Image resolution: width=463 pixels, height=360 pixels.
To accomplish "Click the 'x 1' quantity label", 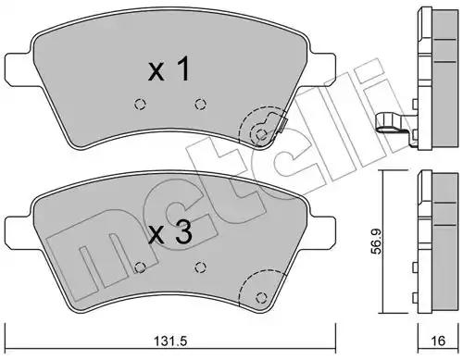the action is (169, 70).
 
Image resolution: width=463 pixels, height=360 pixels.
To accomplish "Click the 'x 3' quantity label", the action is (170, 233).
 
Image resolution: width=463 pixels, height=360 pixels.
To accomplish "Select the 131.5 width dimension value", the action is (170, 341).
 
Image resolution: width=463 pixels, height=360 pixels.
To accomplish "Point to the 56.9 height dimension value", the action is (376, 242).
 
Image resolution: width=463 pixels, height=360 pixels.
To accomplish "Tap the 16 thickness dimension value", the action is (438, 341).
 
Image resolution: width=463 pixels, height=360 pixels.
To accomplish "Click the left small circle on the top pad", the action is (140, 104).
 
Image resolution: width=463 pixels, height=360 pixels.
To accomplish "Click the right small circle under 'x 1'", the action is (201, 104).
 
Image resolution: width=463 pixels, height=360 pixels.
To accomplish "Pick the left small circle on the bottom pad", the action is (141, 267).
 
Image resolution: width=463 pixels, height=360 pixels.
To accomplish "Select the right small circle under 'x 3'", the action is (201, 267).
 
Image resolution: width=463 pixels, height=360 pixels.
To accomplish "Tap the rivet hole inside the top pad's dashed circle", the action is (261, 134).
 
